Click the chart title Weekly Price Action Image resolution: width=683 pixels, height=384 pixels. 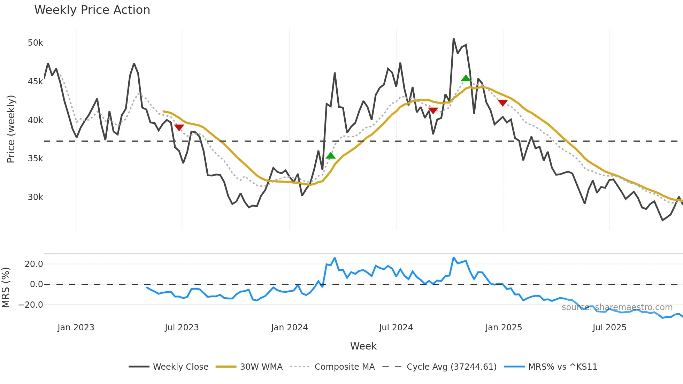click(x=92, y=10)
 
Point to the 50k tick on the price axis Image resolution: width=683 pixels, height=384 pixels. click(x=35, y=43)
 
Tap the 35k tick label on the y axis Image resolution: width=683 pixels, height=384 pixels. click(x=35, y=159)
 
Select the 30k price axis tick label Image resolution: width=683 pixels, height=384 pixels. click(x=35, y=197)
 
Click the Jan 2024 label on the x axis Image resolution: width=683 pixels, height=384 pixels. click(x=289, y=328)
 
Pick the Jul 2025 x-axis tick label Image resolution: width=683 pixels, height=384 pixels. click(x=609, y=328)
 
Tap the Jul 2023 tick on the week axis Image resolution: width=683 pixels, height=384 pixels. click(x=182, y=328)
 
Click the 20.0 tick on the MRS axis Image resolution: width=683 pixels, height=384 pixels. click(x=34, y=264)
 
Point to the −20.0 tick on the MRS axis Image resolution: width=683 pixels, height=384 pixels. click(x=31, y=305)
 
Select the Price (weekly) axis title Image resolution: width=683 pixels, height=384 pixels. click(x=11, y=129)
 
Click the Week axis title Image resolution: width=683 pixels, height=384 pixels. click(x=363, y=346)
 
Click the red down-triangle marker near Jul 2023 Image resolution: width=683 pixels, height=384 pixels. click(x=179, y=128)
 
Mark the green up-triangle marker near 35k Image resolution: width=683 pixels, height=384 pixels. click(x=330, y=155)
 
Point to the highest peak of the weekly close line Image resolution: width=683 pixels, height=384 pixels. click(x=453, y=38)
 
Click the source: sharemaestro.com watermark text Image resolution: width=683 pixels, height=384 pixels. click(x=617, y=307)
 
